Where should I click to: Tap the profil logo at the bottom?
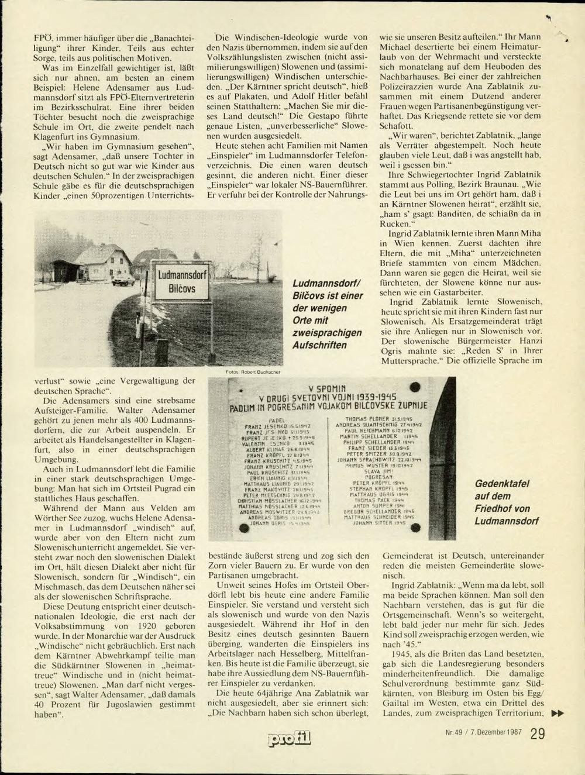[289, 739]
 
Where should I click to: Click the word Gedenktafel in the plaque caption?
[502, 484]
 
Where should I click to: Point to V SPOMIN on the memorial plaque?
[327, 389]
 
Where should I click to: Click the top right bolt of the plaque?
[415, 387]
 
